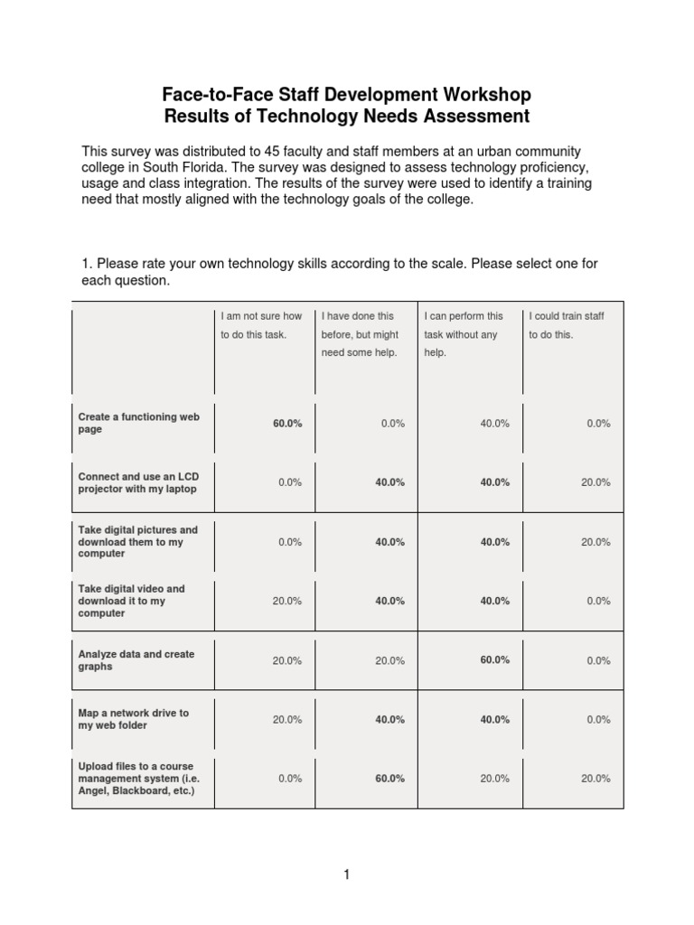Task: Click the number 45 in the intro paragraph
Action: pos(293,151)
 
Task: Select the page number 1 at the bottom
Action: pos(346,874)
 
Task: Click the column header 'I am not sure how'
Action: pos(261,316)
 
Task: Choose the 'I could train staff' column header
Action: pos(567,316)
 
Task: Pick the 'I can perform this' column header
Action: pos(464,316)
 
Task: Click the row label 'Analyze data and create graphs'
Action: pos(136,660)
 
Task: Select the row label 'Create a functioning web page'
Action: pos(138,423)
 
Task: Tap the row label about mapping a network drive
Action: pos(133,719)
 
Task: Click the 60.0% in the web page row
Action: pos(287,423)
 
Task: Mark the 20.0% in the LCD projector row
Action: pos(596,482)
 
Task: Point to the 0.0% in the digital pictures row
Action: pos(289,542)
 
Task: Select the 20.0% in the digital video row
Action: pos(287,601)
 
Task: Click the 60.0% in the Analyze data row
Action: pos(494,660)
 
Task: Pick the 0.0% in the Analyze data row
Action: pos(598,660)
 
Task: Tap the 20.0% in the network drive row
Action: pos(287,720)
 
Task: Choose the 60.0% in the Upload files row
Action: pos(389,779)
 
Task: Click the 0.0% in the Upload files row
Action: pos(289,779)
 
